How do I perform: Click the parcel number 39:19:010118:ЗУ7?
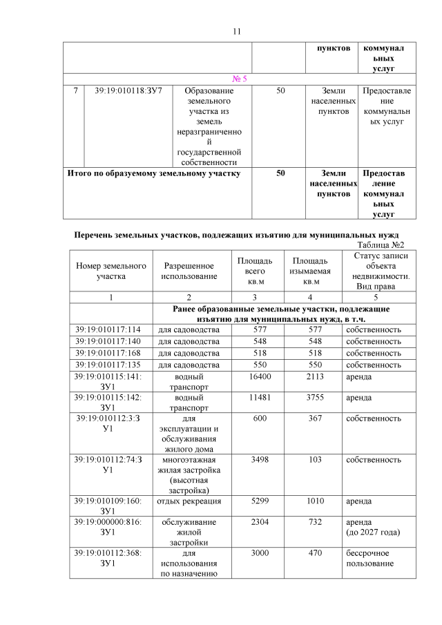pyautogui.click(x=128, y=90)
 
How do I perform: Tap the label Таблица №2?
pyautogui.click(x=381, y=245)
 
